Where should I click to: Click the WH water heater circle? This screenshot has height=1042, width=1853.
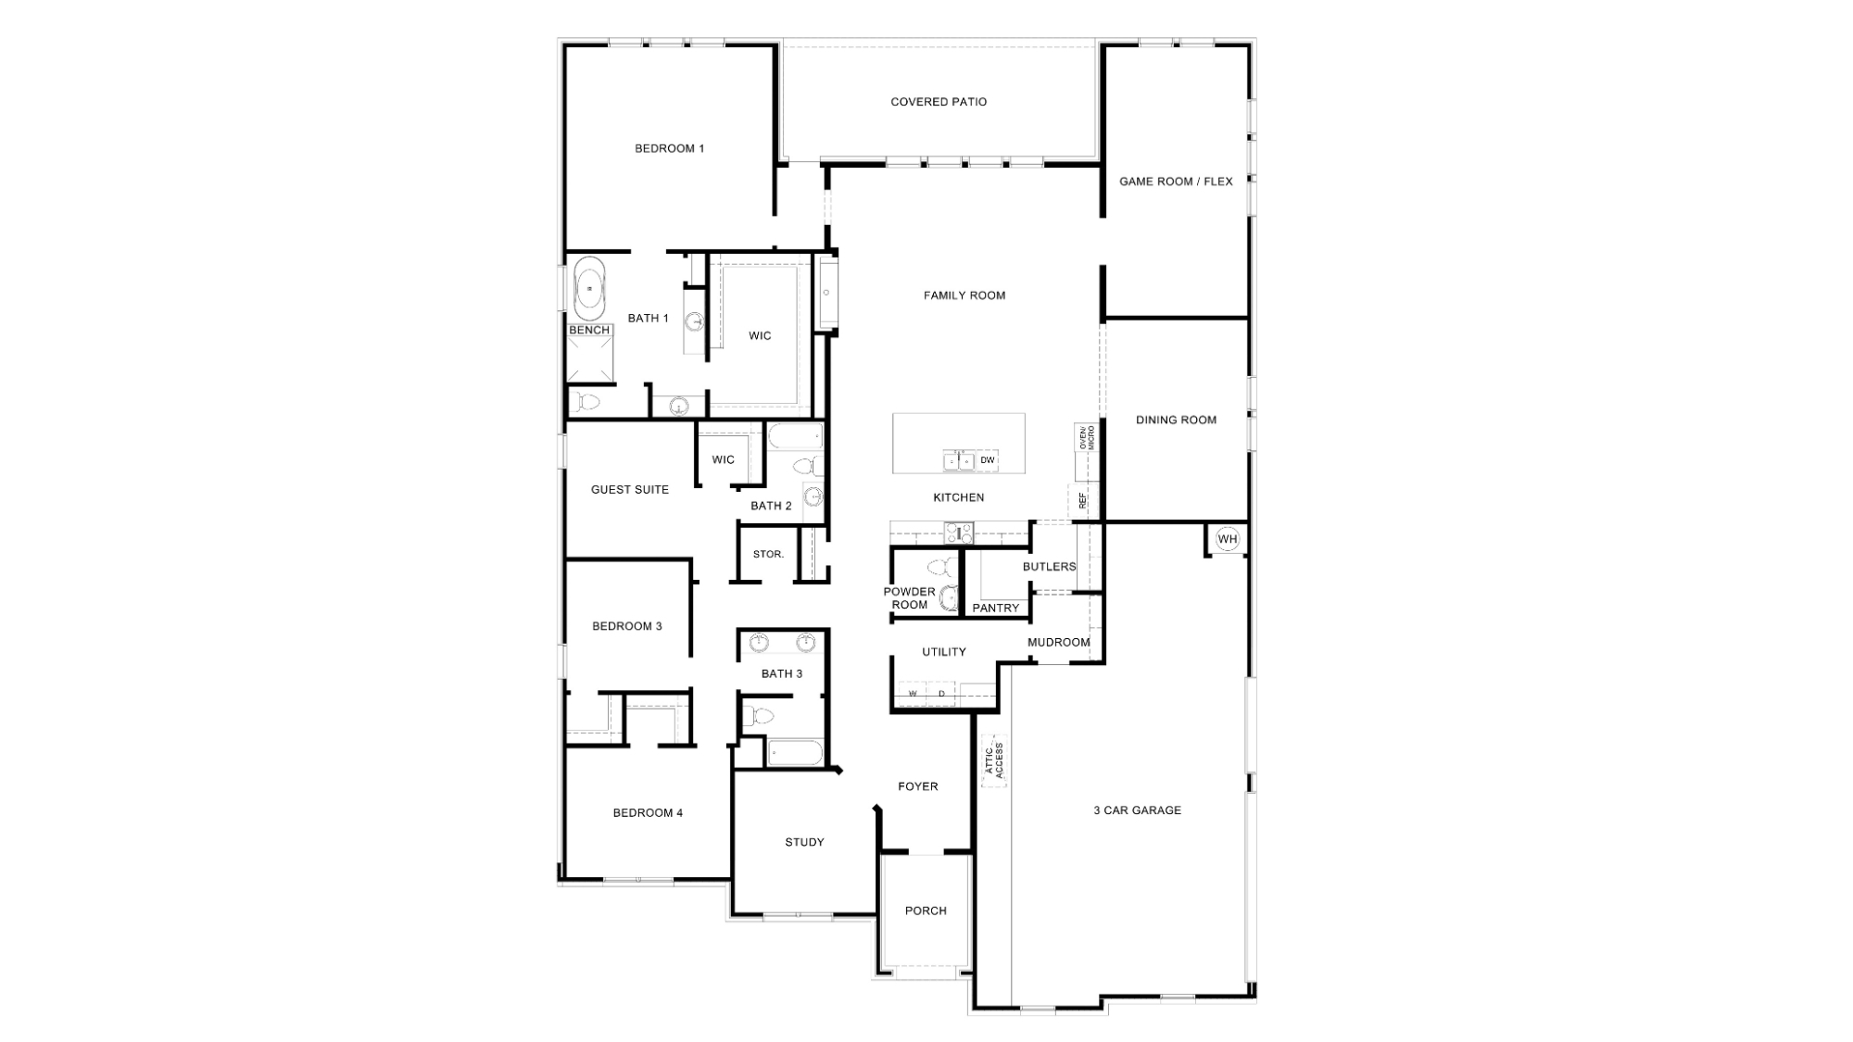[x=1227, y=539]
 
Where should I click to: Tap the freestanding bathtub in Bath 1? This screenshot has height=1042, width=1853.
[x=589, y=289]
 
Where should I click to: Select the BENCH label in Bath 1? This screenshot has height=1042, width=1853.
[x=589, y=330]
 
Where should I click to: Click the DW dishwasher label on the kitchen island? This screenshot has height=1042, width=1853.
[x=988, y=460]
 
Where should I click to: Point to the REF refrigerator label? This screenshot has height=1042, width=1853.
[x=1082, y=500]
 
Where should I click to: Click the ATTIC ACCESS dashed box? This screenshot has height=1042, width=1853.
[x=994, y=760]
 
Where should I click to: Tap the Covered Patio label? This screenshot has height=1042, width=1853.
[x=939, y=102]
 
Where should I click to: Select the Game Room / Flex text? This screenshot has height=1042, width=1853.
[x=1176, y=182]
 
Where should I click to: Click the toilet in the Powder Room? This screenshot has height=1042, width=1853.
[x=939, y=567]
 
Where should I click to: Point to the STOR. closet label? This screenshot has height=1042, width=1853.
[x=768, y=554]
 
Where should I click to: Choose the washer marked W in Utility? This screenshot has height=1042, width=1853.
[x=913, y=693]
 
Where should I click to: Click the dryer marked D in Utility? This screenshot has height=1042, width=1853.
[x=941, y=693]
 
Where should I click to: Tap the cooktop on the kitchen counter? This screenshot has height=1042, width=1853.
[x=959, y=533]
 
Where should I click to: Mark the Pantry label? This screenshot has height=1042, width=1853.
[x=996, y=608]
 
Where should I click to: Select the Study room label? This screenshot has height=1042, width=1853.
[x=804, y=842]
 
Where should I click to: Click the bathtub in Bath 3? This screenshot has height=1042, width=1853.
[x=794, y=752]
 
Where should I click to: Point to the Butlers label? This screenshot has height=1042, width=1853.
[x=1050, y=566]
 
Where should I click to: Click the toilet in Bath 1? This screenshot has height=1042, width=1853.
[x=586, y=402]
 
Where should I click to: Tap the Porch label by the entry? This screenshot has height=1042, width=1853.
[x=926, y=910]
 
